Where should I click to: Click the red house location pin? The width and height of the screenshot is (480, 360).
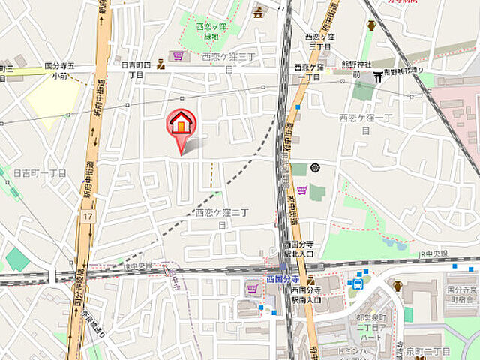pos(181,123)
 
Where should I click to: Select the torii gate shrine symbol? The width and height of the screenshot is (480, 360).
pos(378,74)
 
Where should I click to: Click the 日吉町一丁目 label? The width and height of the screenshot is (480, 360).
pos(40,172)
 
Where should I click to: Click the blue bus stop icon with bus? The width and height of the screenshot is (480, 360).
pos(358,283)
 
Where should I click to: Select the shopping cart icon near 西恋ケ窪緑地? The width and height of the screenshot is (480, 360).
pos(178,55)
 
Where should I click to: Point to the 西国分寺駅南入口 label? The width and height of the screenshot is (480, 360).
pos(306,294)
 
